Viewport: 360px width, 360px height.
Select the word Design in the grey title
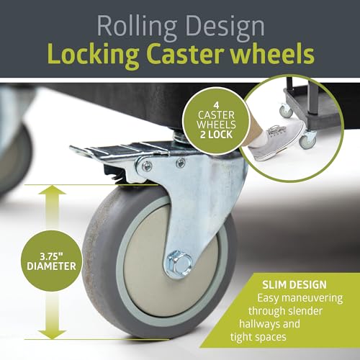(225, 27)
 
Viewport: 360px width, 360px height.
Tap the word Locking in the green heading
(93, 55)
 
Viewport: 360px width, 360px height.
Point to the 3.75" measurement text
(51, 256)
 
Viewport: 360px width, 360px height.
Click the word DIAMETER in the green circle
(51, 266)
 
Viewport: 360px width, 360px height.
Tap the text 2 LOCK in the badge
(217, 135)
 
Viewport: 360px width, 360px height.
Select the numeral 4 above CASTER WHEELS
(216, 106)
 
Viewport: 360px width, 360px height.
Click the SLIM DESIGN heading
(294, 284)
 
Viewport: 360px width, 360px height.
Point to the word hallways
(258, 324)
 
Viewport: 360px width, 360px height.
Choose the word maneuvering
(312, 298)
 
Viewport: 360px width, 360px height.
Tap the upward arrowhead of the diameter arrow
(52, 191)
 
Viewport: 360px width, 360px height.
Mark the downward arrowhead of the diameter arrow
(52, 334)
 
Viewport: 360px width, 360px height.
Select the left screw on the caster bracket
(146, 165)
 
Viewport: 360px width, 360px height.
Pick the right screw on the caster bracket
(180, 163)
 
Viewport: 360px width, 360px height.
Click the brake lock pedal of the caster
(115, 150)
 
